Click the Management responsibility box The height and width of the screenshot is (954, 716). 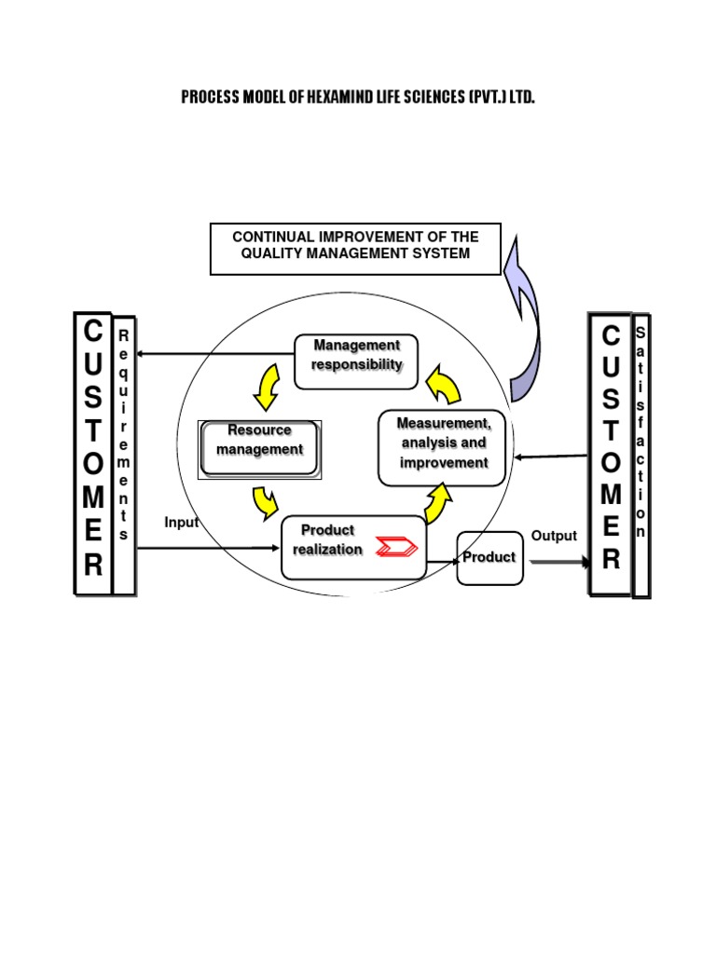[356, 361]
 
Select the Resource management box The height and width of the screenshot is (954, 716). [260, 449]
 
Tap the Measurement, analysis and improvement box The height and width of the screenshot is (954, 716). [442, 447]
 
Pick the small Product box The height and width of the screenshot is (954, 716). [489, 557]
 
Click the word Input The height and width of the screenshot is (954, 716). [181, 523]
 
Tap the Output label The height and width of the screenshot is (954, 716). [554, 536]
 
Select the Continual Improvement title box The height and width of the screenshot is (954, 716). [355, 249]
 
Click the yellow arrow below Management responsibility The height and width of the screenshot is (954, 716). [267, 388]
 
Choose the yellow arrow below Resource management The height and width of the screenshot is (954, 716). [265, 501]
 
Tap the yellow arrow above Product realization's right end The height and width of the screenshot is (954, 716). [438, 504]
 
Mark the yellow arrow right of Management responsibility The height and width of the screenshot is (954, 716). [444, 384]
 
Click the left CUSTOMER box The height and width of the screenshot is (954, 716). [93, 454]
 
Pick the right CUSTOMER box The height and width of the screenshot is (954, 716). [610, 454]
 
